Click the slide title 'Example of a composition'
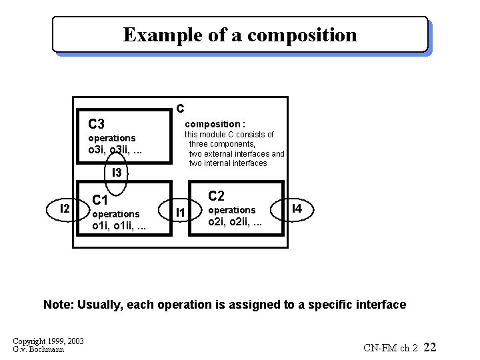(240, 35)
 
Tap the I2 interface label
(65, 209)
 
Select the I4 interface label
(297, 209)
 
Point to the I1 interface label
(180, 213)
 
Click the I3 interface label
(117, 173)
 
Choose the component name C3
(97, 124)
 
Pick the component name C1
(100, 200)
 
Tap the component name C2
(217, 196)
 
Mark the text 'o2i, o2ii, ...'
(235, 222)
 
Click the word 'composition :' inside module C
(215, 124)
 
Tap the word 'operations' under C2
(232, 210)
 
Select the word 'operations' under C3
(111, 138)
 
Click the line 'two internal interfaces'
(228, 163)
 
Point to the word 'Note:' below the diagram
(59, 305)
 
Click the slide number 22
(430, 347)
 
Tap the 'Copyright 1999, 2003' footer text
(48, 341)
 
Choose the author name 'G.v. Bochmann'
(39, 349)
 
